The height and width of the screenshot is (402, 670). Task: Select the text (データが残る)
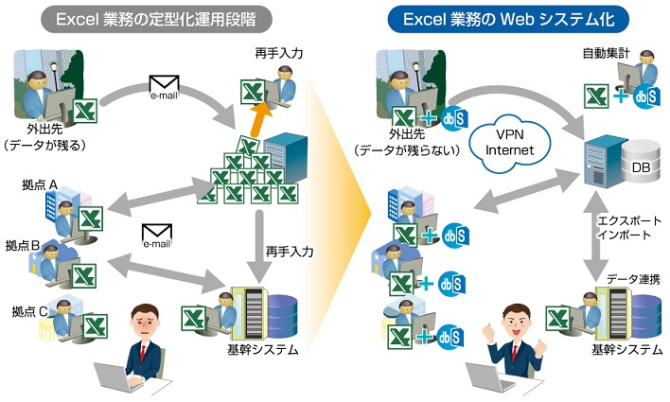coord(45,144)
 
